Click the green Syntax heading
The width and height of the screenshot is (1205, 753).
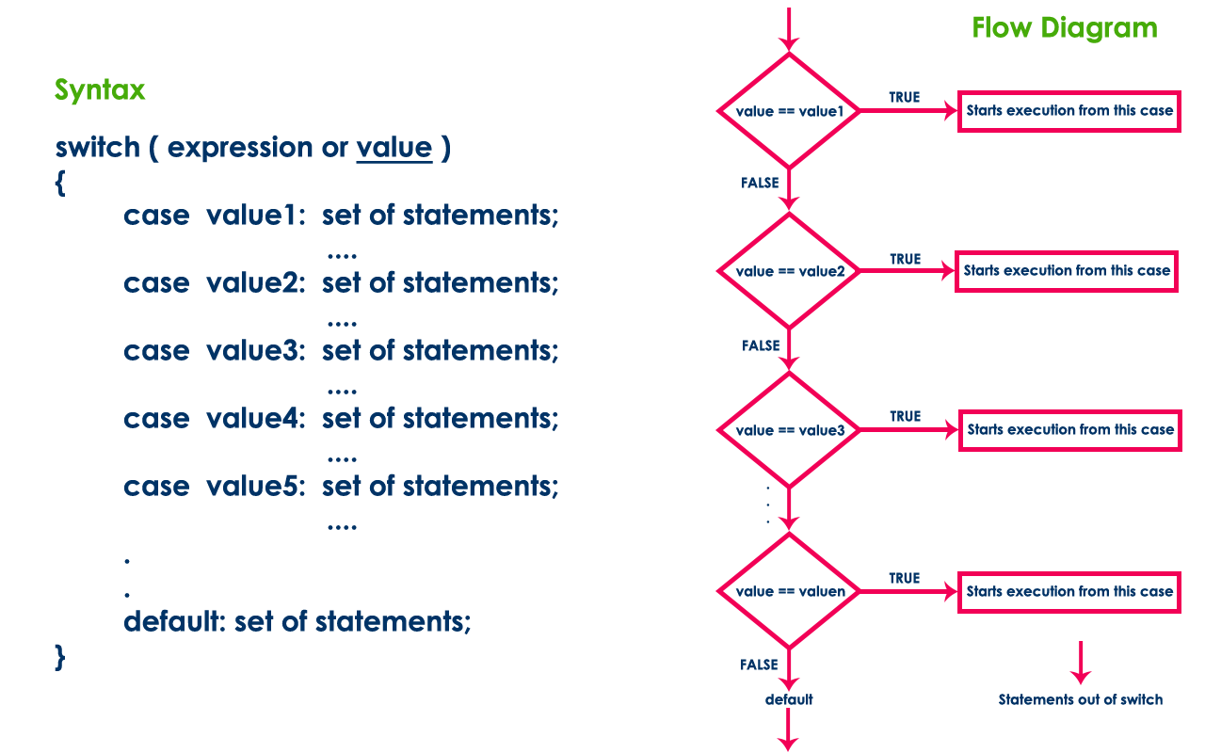(x=100, y=90)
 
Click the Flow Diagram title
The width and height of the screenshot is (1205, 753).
(x=1065, y=27)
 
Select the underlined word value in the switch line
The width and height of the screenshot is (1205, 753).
(x=394, y=148)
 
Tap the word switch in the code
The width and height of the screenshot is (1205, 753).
(x=97, y=148)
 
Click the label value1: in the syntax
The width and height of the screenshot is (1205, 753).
(x=256, y=216)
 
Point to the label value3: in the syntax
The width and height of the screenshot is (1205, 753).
(x=256, y=351)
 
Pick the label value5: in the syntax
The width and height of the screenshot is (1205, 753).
(x=256, y=487)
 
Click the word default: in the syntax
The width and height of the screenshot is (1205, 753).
(x=175, y=622)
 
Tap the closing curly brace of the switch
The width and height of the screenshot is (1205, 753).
(x=60, y=656)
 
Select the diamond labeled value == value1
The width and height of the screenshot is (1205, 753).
(x=790, y=111)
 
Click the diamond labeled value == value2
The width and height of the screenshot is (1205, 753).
(x=790, y=271)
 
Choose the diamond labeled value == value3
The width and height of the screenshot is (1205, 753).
(x=790, y=430)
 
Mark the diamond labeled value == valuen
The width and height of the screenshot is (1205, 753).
(x=790, y=591)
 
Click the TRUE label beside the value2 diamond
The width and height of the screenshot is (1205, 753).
(x=905, y=259)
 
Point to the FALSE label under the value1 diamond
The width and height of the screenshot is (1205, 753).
(x=760, y=183)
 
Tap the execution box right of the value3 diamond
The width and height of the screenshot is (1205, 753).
(x=1069, y=430)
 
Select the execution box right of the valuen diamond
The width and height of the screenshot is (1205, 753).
(x=1069, y=592)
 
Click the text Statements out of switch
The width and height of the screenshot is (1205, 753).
(x=1081, y=699)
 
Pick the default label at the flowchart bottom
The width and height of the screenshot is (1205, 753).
(x=789, y=699)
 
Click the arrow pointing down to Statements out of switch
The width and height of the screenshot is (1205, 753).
(x=1081, y=663)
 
